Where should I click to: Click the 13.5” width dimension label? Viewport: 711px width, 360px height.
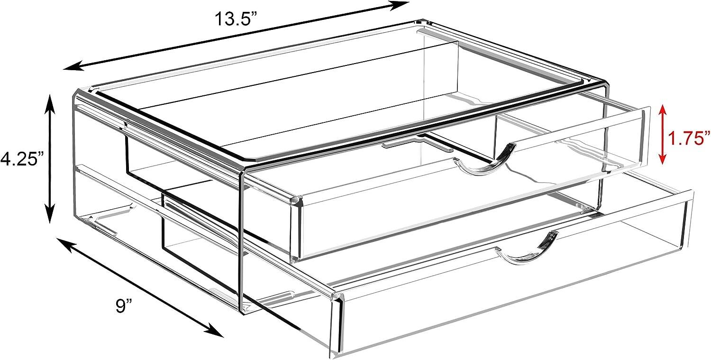[236, 19]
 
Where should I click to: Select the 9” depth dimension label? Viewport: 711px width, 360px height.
[124, 306]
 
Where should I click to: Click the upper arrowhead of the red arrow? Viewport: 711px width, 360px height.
[662, 112]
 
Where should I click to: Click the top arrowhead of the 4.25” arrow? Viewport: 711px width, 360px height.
[50, 102]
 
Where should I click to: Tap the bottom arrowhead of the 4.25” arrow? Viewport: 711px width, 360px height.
[50, 215]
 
